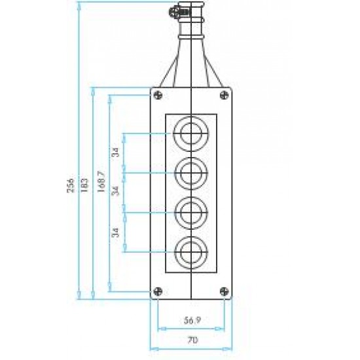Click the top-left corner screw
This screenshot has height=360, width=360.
pos(158,95)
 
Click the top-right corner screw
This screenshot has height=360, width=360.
pos(225,95)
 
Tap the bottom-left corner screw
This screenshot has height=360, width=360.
pos(158,291)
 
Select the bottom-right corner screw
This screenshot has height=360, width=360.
pos(225,291)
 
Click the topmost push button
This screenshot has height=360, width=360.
pos(190,134)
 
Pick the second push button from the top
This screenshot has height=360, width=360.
pos(190,173)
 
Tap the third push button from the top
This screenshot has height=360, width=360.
pos(190,213)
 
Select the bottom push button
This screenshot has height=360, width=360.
pos(190,253)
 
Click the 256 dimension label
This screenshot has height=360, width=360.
pos(71,185)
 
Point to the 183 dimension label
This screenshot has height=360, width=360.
pos(84,185)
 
